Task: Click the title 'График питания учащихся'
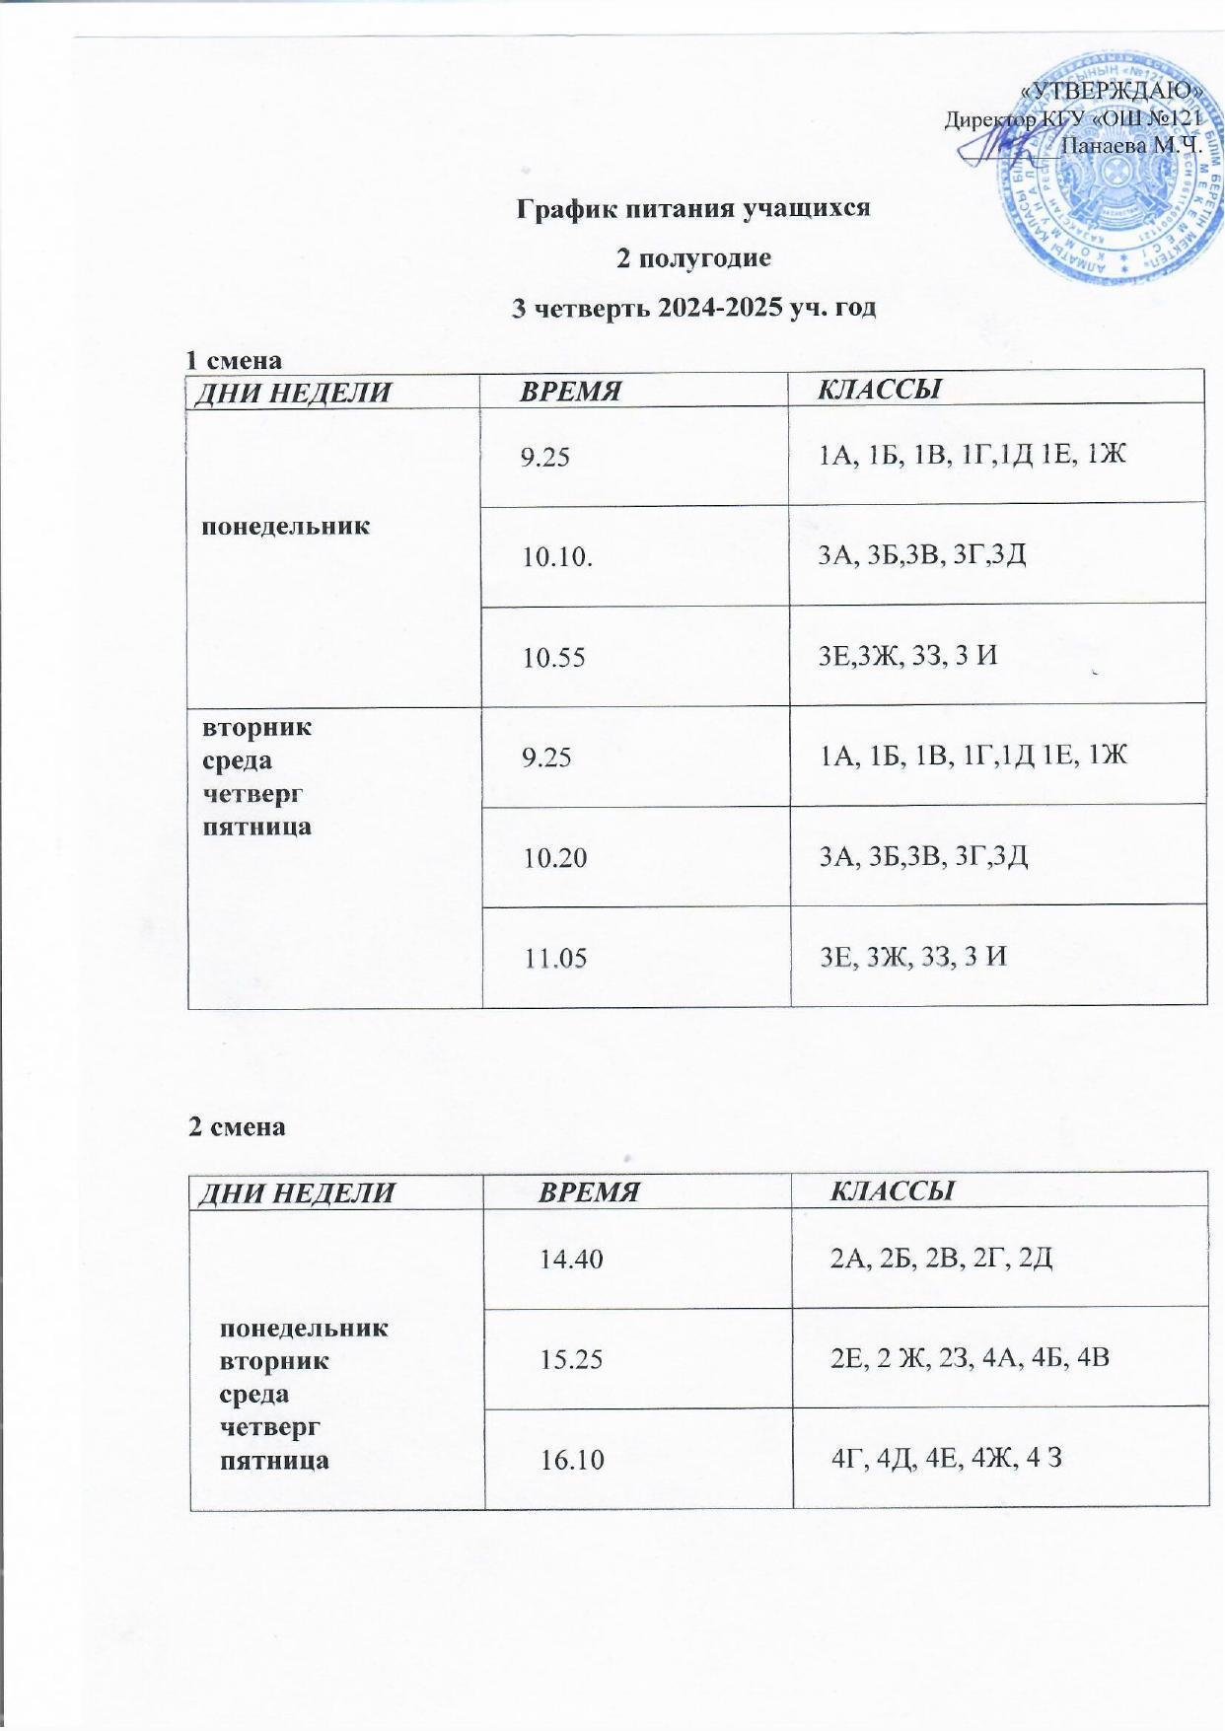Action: pyautogui.click(x=694, y=209)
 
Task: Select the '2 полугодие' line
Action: pyautogui.click(x=692, y=258)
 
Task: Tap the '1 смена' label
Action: pyautogui.click(x=235, y=359)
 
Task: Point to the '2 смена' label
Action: pyautogui.click(x=237, y=1126)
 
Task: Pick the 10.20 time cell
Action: pyautogui.click(x=554, y=857)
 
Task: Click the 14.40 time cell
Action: pyautogui.click(x=571, y=1259)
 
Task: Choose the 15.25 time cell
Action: pyautogui.click(x=571, y=1359)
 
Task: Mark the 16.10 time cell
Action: pyautogui.click(x=572, y=1460)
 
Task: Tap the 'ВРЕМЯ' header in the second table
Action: pyautogui.click(x=589, y=1191)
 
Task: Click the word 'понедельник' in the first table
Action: pyautogui.click(x=286, y=526)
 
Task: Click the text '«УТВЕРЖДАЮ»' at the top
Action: pyautogui.click(x=1112, y=90)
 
